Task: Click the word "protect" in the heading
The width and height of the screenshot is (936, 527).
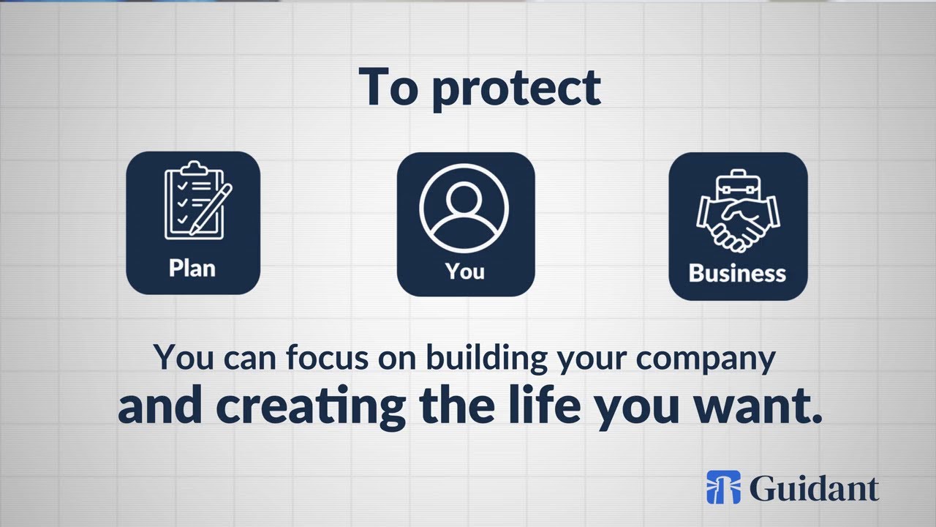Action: (x=516, y=89)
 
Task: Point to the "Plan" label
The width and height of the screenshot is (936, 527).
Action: (x=192, y=268)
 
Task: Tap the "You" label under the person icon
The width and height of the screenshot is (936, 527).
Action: (x=465, y=271)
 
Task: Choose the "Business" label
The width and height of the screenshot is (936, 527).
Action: (x=737, y=273)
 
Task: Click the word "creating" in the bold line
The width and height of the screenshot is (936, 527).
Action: (x=312, y=408)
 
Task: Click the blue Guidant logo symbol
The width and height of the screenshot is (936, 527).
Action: (x=723, y=487)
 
